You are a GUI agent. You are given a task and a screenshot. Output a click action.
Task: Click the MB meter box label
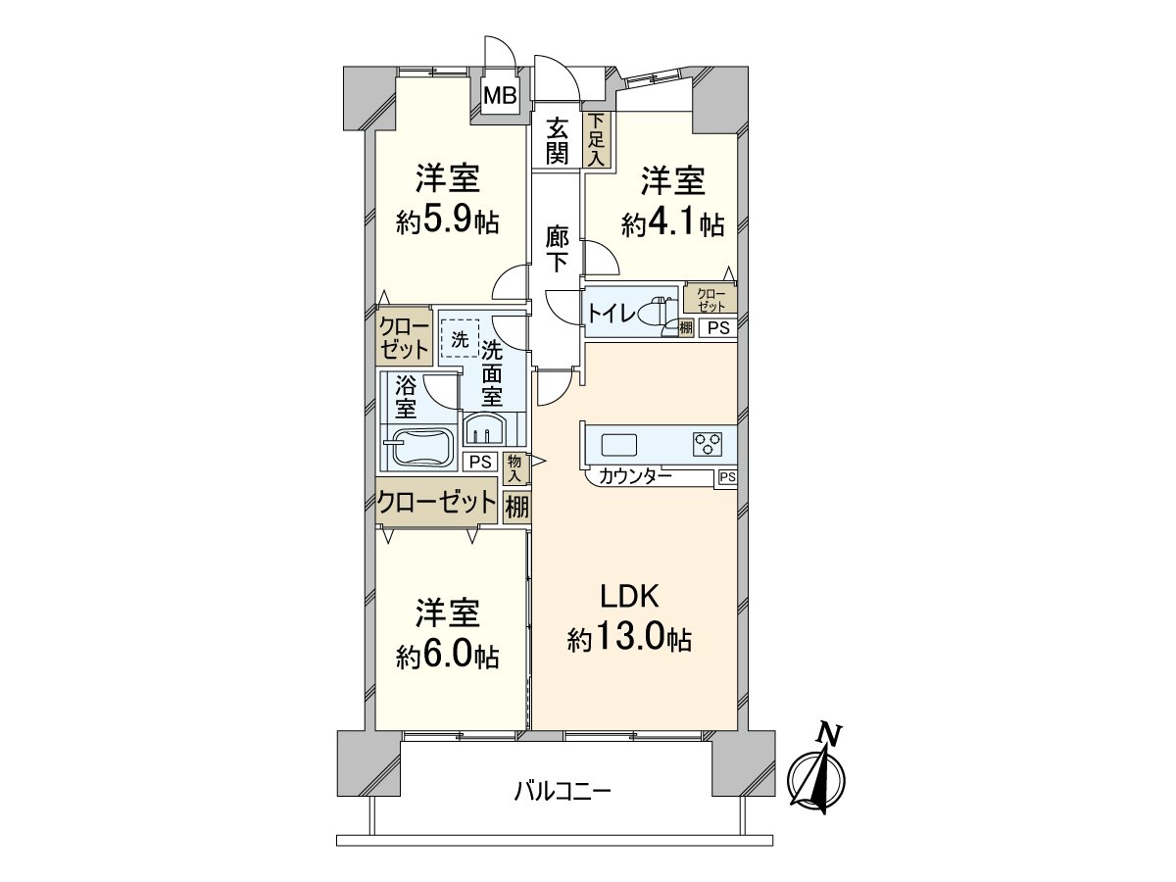tap(501, 96)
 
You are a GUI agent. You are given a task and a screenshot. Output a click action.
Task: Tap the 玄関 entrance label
tap(558, 139)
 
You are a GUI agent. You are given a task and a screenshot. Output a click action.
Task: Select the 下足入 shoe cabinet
tap(597, 139)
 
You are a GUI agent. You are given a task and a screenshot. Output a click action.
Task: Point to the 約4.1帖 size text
tap(672, 223)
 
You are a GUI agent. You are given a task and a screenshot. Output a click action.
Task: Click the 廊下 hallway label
tap(558, 249)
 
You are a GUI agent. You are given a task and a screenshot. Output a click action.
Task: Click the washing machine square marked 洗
tap(459, 340)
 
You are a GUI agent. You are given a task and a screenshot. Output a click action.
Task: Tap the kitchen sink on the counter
tap(619, 444)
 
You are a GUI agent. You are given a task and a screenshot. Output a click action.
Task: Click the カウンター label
tap(635, 477)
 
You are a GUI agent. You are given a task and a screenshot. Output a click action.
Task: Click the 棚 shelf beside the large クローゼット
tap(515, 508)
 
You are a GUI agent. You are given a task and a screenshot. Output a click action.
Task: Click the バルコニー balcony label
tap(563, 790)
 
